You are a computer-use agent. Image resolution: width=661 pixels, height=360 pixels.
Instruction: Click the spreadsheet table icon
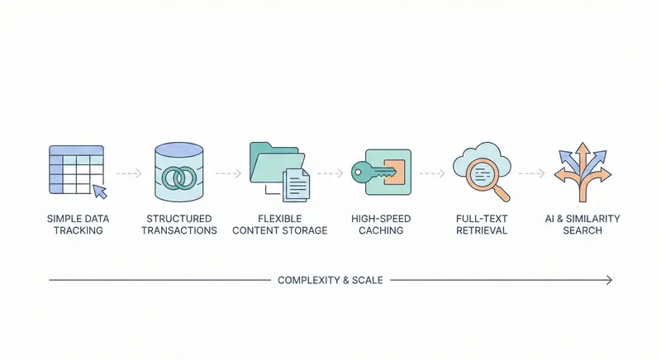72,169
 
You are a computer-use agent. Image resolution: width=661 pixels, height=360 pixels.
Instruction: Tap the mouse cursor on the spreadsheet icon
100,192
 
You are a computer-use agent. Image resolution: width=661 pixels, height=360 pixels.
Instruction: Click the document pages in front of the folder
295,184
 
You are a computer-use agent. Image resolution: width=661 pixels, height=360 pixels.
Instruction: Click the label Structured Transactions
178,224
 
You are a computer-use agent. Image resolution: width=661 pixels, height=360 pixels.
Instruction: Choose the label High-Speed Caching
380,224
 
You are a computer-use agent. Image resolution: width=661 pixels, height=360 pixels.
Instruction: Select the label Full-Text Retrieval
481,224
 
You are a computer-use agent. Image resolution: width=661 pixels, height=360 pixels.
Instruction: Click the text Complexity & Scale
330,280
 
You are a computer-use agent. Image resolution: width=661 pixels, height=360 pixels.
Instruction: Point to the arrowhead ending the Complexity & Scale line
609,280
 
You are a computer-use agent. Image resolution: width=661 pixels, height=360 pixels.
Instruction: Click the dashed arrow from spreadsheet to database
127,173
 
